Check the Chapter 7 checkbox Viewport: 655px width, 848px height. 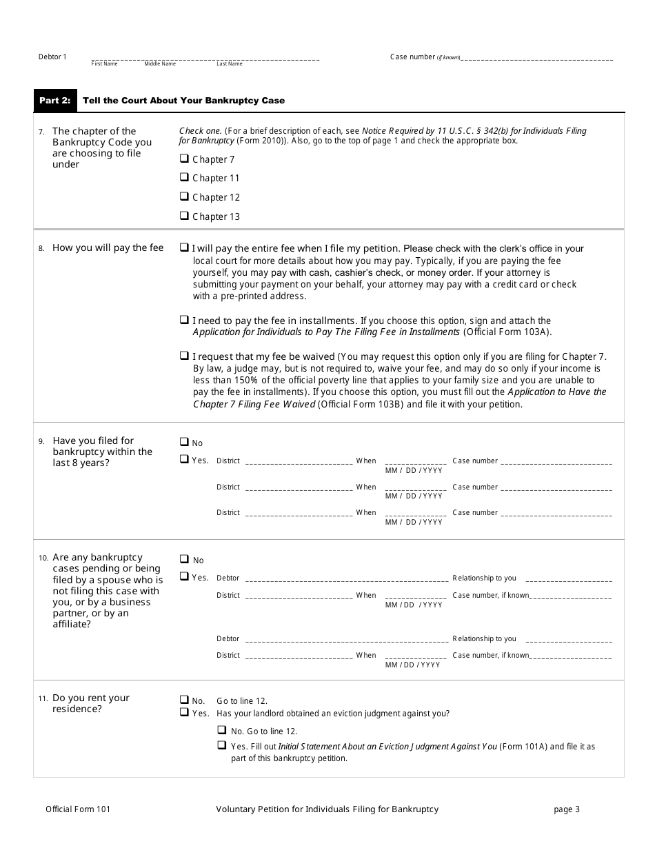[x=184, y=159]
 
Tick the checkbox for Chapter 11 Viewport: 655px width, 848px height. [x=184, y=177]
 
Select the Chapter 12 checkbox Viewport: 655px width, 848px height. [x=184, y=196]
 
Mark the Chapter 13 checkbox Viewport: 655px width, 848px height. [x=184, y=216]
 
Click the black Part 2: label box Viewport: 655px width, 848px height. [x=55, y=101]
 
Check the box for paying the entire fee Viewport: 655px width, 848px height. [x=184, y=248]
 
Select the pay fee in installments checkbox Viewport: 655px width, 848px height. [x=184, y=320]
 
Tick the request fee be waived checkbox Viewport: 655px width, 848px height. [x=184, y=356]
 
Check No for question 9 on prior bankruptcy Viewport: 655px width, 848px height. [x=184, y=442]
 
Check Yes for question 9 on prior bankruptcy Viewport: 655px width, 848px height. [x=184, y=459]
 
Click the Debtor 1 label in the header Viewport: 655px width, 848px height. [x=52, y=57]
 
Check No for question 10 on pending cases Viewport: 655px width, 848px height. [x=184, y=559]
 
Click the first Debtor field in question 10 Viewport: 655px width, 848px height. [x=345, y=579]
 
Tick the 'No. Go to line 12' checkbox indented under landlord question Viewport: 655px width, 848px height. [x=222, y=730]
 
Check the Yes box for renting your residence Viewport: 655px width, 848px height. [x=184, y=712]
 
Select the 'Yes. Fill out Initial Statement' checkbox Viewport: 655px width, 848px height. [x=222, y=745]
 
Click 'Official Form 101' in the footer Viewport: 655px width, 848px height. [x=78, y=809]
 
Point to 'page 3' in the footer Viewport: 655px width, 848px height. [x=567, y=809]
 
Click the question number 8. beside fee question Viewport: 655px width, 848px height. [x=41, y=248]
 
